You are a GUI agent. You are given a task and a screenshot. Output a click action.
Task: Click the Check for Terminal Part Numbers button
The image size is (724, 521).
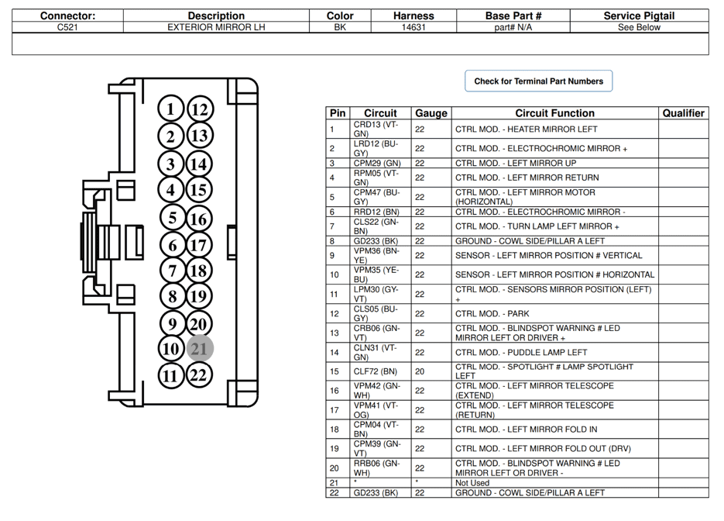point(538,81)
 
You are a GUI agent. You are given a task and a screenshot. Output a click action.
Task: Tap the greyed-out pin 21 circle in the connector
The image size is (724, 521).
point(200,349)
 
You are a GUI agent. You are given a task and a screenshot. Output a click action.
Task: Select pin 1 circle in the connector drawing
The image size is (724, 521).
point(171,109)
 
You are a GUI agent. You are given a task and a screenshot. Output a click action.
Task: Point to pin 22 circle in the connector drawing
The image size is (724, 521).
point(200,376)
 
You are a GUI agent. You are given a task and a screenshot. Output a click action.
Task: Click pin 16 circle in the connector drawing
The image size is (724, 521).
point(199,219)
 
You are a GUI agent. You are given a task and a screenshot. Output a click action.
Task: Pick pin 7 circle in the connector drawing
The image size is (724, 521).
point(172,271)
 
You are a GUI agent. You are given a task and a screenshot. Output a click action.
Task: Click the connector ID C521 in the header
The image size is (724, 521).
point(67,27)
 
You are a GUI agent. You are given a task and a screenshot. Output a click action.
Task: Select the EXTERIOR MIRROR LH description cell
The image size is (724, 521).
point(216,27)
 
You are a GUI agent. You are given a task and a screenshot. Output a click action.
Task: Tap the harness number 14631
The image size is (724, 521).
point(413,27)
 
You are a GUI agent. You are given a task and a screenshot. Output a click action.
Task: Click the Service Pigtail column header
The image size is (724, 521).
point(639,16)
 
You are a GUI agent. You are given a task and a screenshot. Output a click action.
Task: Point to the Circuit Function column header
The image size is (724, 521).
point(554,113)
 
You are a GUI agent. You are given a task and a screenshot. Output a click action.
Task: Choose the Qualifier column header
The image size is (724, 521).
point(683,113)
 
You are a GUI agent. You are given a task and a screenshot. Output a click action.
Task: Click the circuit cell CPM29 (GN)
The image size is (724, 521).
point(377,164)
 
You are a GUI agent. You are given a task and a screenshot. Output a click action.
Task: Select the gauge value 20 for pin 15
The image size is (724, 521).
point(420,371)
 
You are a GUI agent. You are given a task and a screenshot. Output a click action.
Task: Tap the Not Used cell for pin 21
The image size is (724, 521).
point(472,482)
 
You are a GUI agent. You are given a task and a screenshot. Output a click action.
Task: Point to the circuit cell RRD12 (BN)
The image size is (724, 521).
point(376,212)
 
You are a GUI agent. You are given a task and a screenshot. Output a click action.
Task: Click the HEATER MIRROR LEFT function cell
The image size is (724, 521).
point(526,129)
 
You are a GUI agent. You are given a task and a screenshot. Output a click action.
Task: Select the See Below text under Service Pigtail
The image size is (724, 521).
point(639,27)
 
